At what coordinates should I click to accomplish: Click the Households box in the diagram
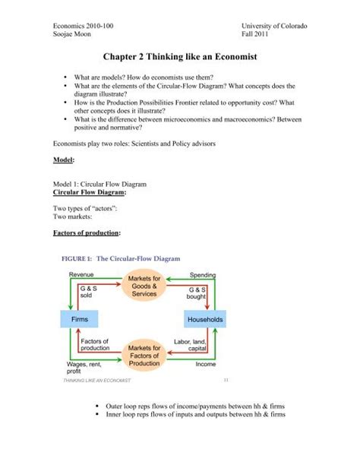coord(204,320)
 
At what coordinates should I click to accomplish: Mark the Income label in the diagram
coord(206,364)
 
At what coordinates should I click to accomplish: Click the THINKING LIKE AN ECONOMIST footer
coord(90,381)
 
